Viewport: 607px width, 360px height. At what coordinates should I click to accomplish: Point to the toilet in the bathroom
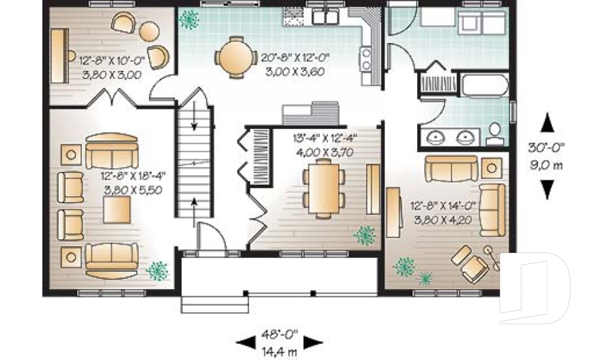tap(495, 133)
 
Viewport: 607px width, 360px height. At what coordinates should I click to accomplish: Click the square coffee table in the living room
tap(118, 209)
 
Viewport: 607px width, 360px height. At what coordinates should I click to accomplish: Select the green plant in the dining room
tap(365, 236)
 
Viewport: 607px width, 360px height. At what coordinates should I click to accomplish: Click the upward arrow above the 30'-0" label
tap(548, 122)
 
